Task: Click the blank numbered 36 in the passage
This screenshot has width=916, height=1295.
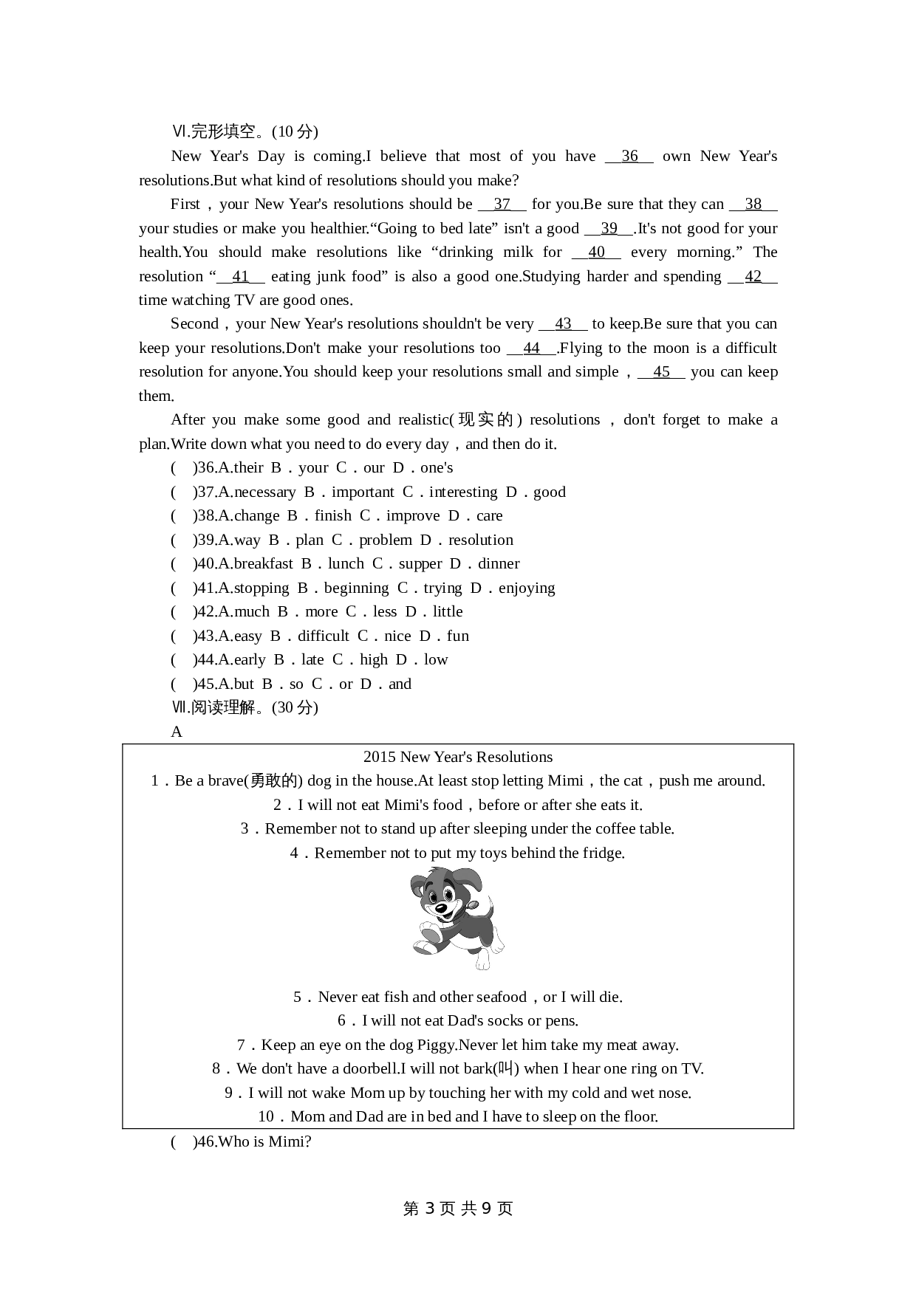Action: [629, 157]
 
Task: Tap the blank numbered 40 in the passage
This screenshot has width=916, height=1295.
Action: [596, 253]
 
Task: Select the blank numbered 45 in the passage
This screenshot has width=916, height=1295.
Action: [661, 372]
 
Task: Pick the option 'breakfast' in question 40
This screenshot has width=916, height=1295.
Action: [263, 564]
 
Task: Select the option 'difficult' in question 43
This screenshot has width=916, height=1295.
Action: [324, 636]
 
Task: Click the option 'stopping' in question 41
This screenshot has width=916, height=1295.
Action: [262, 588]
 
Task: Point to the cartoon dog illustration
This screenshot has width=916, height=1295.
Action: [456, 918]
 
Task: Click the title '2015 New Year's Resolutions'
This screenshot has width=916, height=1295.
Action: [458, 758]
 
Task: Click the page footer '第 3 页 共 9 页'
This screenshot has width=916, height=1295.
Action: [458, 1209]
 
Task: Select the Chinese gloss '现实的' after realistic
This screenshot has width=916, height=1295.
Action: [485, 420]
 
